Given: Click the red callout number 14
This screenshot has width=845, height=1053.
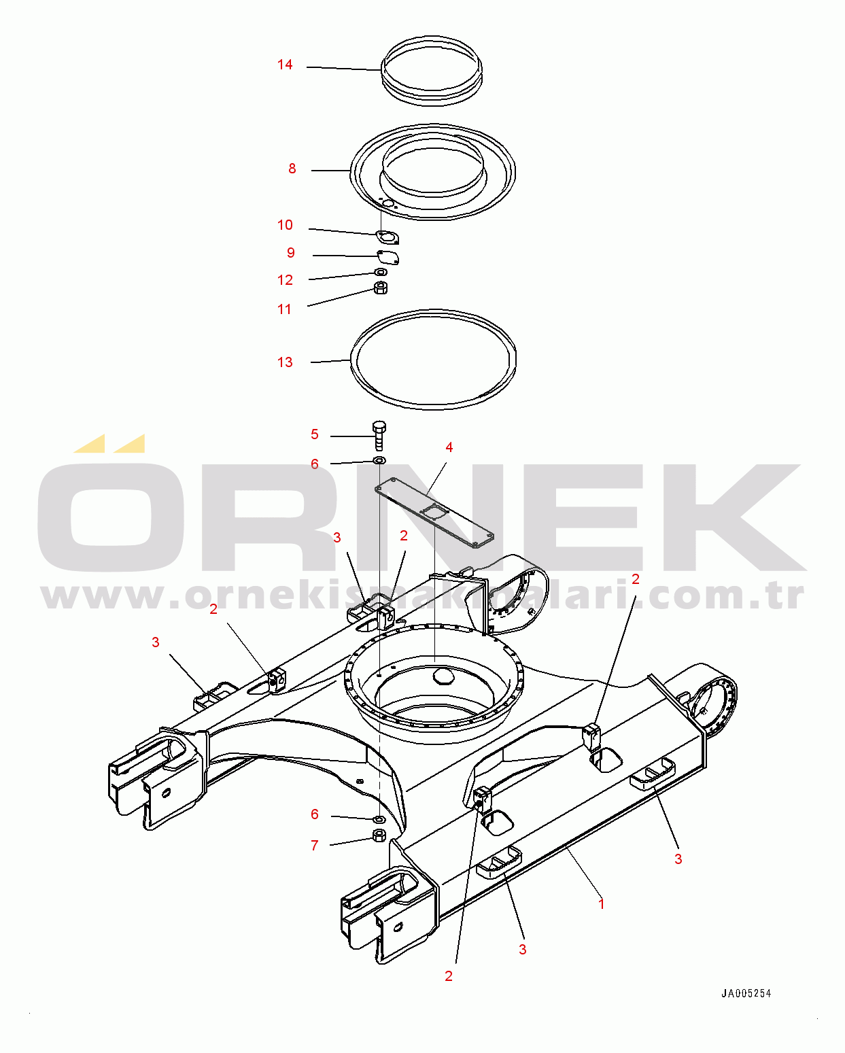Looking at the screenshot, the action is pos(285,65).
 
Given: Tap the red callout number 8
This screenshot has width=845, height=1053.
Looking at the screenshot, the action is pos(292,169).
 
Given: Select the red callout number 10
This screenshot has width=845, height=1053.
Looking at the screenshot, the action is pos(285,225).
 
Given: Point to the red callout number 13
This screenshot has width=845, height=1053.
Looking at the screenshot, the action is pos(285,362).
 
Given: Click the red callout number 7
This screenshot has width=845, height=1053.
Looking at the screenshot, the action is pos(315,846).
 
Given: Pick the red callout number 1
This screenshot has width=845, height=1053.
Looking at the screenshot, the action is pos(602,904).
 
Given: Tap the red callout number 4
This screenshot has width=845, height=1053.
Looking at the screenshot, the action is pos(449,447).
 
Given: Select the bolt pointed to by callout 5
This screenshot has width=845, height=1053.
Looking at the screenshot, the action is pos(379,436).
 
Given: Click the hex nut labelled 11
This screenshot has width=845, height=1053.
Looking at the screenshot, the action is pos(381,288).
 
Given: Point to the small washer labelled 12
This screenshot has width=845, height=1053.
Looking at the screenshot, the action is pos(381,272).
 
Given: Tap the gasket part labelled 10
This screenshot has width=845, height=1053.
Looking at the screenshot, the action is pos(387,237).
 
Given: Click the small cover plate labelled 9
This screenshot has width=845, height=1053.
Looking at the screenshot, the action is pos(388,257).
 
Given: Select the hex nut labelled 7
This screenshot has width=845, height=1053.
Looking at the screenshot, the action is pos(379,835).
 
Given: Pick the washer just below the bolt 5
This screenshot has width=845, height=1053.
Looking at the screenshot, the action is pos(379,460).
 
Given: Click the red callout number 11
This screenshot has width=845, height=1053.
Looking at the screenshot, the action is pos(284,310).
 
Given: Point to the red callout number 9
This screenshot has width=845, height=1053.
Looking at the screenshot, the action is pos(291,253).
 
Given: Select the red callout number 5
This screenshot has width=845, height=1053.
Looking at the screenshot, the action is pos(315,434).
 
